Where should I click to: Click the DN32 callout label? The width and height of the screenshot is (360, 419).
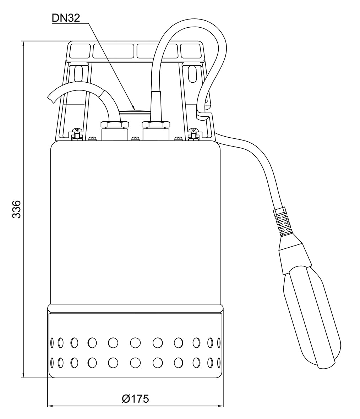click(66, 18)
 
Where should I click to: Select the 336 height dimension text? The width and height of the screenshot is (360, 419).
click(17, 209)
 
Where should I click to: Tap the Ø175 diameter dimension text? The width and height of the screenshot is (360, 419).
click(135, 399)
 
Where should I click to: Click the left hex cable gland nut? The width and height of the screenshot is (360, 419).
click(114, 124)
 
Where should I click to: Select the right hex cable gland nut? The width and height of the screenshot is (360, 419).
click(156, 124)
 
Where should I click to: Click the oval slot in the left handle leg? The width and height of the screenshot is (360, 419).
click(79, 73)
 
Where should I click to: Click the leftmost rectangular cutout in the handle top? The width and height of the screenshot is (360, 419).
click(80, 51)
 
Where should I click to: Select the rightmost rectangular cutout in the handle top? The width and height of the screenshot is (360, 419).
click(191, 51)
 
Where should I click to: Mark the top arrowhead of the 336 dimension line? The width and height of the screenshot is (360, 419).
click(24, 44)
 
